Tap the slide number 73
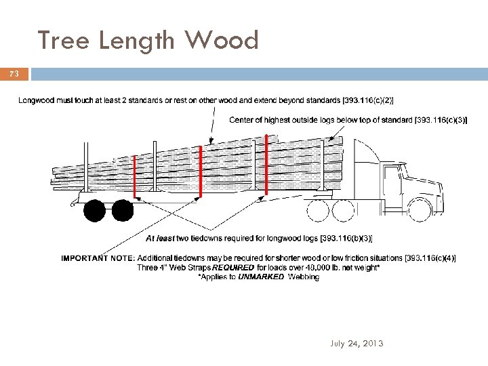tap(15, 73)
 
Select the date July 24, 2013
tap(357, 344)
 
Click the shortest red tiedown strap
tap(135, 176)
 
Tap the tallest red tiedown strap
tap(266, 165)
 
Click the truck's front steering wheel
tap(421, 209)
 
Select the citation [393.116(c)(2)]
tap(367, 101)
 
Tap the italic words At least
tap(162, 238)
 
